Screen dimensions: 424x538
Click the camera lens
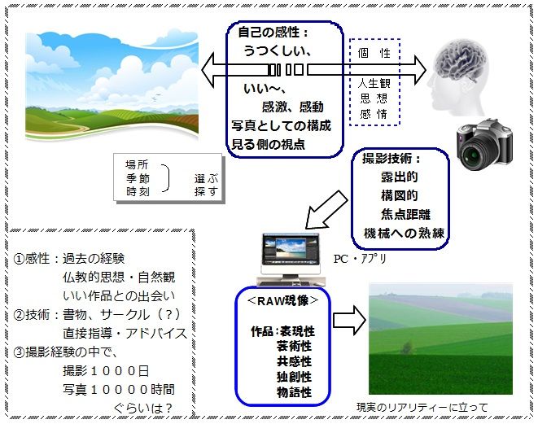point(475,153)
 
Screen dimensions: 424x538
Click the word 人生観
point(374,83)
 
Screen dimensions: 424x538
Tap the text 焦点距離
point(405,214)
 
